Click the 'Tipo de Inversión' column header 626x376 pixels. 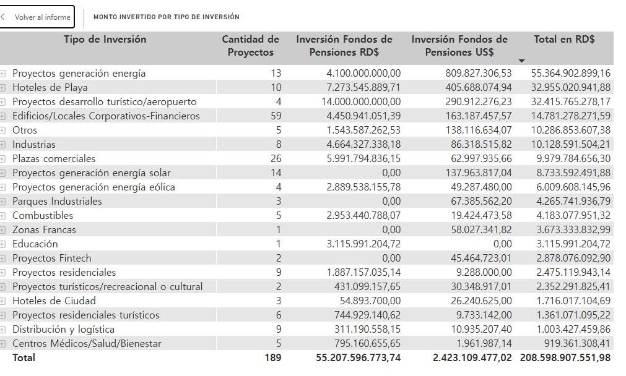pos(105,40)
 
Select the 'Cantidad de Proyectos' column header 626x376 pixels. pos(250,46)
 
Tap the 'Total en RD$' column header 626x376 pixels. pos(564,40)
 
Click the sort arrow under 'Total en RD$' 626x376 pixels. pos(521,61)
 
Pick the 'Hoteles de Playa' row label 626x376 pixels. pos(50,87)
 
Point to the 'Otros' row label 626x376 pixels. pos(25,130)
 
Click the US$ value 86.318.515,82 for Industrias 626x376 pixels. pos(471,144)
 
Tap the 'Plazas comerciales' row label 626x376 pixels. pos(54,158)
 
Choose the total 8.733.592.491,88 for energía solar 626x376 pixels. pos(571,173)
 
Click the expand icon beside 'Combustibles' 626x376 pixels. pos(3,215)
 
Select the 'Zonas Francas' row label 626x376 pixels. pos(44,229)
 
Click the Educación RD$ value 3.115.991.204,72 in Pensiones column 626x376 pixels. pos(363,244)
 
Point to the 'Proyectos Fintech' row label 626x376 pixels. pos(51,258)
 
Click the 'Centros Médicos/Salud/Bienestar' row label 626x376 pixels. pos(87,343)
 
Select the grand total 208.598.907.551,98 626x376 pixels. pos(566,357)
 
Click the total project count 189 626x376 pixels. pos(272,357)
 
